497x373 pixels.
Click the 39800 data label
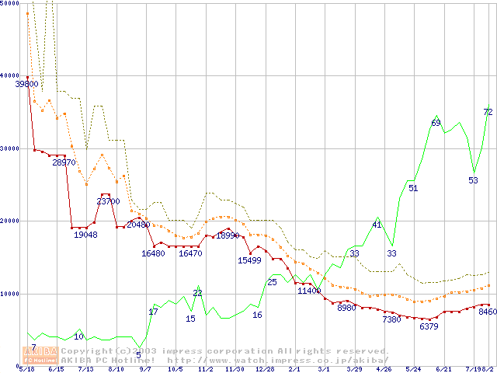click(27, 84)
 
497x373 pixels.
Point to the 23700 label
click(108, 201)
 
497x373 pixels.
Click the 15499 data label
click(249, 261)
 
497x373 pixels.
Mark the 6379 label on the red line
click(429, 326)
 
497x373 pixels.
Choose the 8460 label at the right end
click(487, 312)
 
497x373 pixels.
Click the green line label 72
click(488, 112)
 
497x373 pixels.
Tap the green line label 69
click(436, 123)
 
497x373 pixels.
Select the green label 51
click(413, 188)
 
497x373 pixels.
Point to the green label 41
click(377, 225)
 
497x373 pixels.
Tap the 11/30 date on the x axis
click(235, 369)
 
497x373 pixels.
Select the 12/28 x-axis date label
click(264, 369)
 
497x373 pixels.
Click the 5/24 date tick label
click(413, 369)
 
